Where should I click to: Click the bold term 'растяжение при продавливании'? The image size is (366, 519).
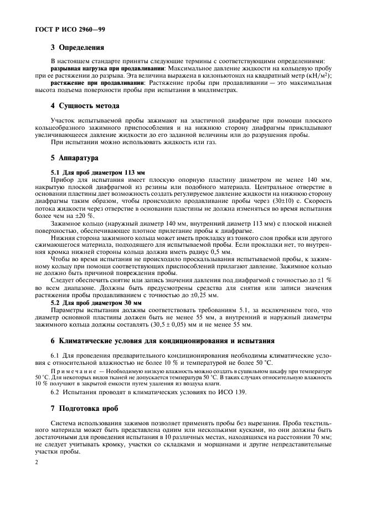click(x=89, y=82)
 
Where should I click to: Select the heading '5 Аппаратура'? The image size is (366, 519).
click(x=74, y=158)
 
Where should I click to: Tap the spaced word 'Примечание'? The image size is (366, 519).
click(x=70, y=371)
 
